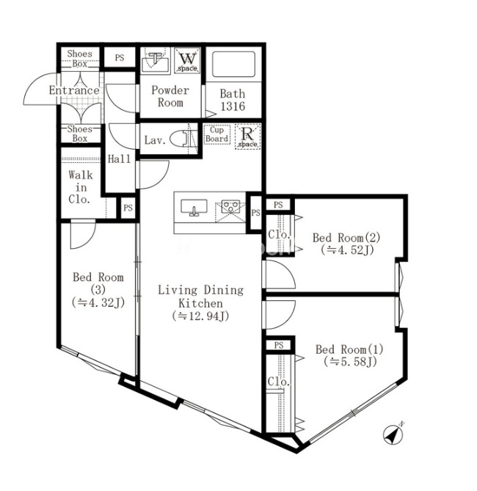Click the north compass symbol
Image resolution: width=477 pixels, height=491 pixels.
click(x=393, y=434)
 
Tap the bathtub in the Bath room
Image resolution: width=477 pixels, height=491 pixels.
click(x=233, y=64)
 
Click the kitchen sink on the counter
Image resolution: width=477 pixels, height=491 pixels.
click(x=194, y=207)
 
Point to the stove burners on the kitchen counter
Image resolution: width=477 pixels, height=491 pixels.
click(x=231, y=207)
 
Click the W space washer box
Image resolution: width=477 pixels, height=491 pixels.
click(x=187, y=60)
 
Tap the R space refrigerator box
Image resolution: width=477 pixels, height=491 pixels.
click(x=248, y=137)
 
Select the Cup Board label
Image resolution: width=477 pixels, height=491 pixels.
click(x=216, y=134)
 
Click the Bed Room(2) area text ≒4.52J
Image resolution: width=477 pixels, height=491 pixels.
click(x=347, y=250)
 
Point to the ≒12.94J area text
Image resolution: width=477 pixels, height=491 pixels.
click(x=200, y=316)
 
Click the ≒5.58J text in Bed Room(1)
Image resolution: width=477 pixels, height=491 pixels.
click(x=350, y=362)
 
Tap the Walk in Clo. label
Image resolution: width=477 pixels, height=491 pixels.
click(x=81, y=187)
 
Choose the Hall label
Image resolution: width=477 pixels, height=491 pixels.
click(x=120, y=159)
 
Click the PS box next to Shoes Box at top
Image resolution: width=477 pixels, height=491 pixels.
click(x=120, y=58)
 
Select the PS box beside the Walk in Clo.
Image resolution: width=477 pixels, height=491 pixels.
click(x=128, y=208)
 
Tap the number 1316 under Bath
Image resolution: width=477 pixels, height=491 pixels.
click(x=233, y=106)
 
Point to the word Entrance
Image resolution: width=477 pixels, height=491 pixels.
click(x=74, y=90)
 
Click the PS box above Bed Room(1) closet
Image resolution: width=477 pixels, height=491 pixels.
click(x=279, y=346)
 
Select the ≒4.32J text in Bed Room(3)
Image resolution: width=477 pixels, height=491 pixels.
click(x=98, y=302)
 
